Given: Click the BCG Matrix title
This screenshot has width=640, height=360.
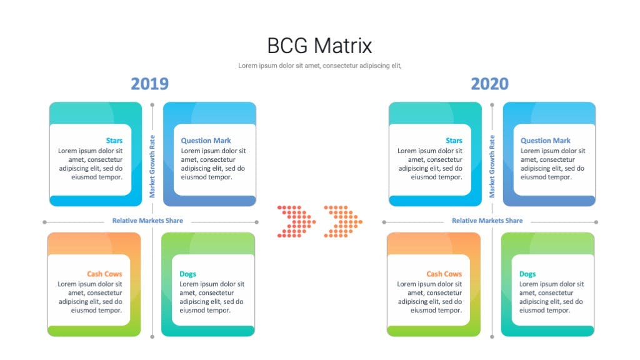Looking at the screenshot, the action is coord(319,45).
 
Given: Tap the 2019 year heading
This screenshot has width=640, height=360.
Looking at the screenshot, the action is coord(150,84).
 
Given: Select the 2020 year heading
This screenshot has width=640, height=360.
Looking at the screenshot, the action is coord(490,84).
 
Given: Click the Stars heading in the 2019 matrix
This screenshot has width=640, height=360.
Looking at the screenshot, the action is coord(114,141).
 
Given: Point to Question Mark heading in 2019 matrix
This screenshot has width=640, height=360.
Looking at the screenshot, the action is coord(206,141).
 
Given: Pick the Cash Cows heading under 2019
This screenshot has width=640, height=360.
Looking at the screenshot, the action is coord(104,274).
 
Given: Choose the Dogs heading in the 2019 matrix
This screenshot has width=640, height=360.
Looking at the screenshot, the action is coord(187,274).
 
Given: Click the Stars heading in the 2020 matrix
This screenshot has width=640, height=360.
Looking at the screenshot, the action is coord(454,141).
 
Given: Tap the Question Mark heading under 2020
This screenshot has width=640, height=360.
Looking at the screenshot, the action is coord(546,141).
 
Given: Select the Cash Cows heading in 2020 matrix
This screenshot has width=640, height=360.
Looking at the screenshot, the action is coord(444,274).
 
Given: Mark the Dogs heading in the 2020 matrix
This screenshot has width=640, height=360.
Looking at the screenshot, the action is coord(527,274).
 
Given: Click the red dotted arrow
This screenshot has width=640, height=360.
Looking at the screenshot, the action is coord(296,222).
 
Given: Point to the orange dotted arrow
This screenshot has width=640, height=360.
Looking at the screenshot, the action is coord(343,222).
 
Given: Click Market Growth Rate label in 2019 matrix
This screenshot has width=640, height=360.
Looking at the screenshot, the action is coord(152,166).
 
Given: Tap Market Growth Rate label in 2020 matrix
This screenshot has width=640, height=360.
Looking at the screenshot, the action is coord(492,166).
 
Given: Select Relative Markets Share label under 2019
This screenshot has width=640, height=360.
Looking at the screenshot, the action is coord(147,221).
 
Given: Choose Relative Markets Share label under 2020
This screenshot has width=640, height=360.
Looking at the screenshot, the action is coord(487,221).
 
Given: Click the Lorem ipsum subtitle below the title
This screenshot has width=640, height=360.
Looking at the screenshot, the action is coord(320,66).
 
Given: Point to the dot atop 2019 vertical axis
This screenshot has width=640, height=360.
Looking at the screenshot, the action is coord(152,105).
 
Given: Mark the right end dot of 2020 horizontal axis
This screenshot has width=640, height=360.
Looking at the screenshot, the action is coord(596,222).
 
